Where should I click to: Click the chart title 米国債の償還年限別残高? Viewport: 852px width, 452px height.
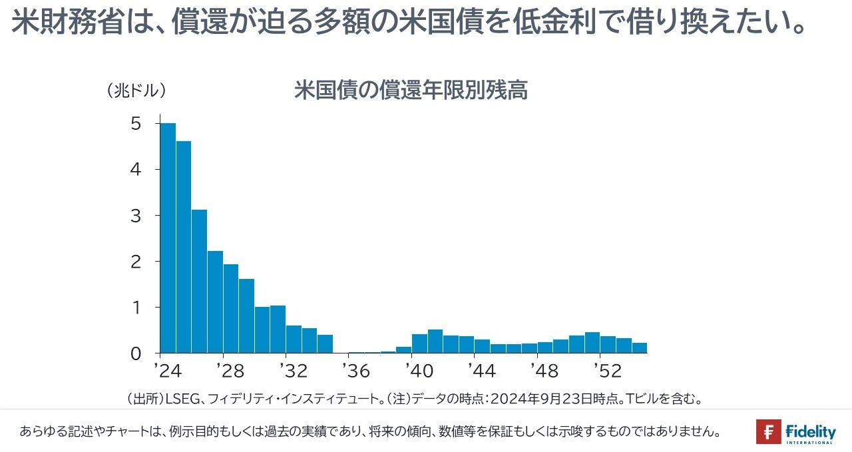pyautogui.click(x=411, y=91)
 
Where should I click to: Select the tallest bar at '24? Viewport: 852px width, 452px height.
pyautogui.click(x=168, y=238)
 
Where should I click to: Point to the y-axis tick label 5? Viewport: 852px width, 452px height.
pyautogui.click(x=136, y=124)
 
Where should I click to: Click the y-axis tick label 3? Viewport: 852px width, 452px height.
pyautogui.click(x=136, y=216)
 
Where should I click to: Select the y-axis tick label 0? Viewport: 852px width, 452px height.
pyautogui.click(x=136, y=353)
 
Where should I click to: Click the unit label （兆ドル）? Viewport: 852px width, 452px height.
pyautogui.click(x=136, y=91)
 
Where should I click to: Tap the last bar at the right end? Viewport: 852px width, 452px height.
pyautogui.click(x=640, y=347)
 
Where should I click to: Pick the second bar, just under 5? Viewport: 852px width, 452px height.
pyautogui.click(x=184, y=247)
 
